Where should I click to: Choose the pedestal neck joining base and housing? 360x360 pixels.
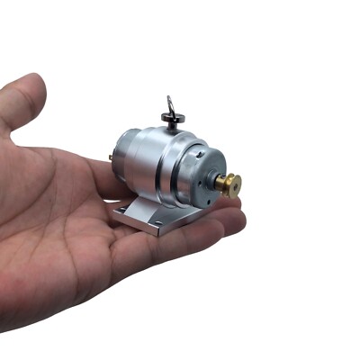(148, 200)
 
